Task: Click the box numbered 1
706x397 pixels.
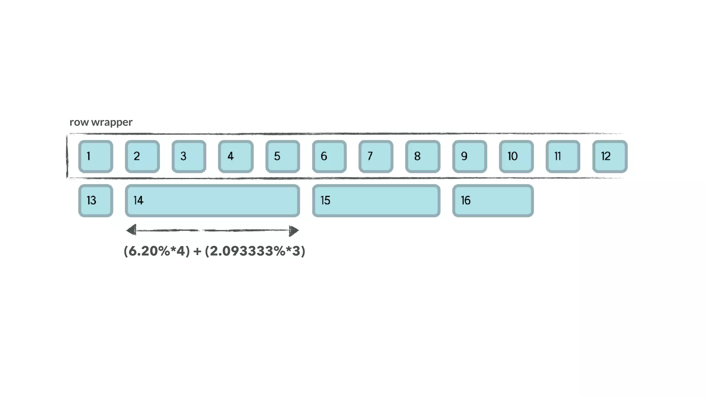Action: pos(95,156)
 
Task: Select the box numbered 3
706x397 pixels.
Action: pos(189,156)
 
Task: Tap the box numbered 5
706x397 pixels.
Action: pos(283,156)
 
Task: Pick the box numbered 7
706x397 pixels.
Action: pos(376,156)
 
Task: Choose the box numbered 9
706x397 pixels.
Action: pos(470,156)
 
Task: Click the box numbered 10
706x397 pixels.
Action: pos(516,156)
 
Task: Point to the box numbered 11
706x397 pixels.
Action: pos(563,156)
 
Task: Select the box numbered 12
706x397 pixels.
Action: pos(609,156)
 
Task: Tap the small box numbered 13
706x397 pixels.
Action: pos(95,201)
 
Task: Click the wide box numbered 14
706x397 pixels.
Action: pos(212,201)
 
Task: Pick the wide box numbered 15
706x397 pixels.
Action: pos(376,201)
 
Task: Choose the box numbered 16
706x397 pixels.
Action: pos(493,201)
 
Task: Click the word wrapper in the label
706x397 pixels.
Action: pos(112,122)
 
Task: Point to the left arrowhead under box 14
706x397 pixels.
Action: pos(131,230)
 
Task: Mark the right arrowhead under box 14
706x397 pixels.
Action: pos(294,231)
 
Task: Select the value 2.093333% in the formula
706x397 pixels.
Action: pos(247,251)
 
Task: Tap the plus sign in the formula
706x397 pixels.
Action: pos(197,251)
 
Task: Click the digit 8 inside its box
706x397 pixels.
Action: pos(417,156)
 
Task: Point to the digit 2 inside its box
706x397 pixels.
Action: pos(137,156)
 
